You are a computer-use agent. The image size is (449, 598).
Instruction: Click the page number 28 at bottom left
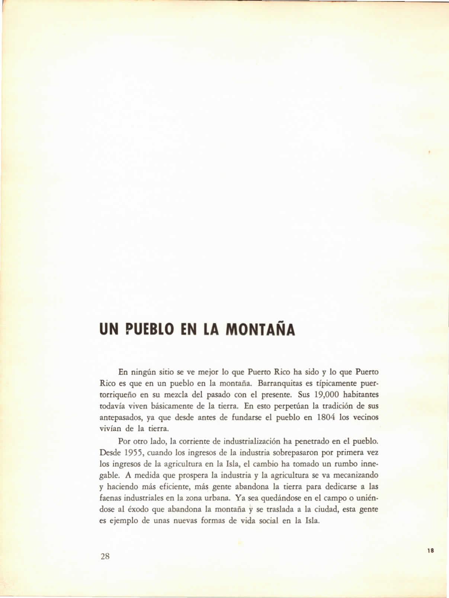pyautogui.click(x=105, y=556)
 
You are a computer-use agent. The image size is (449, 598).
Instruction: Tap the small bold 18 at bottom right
pyautogui.click(x=431, y=551)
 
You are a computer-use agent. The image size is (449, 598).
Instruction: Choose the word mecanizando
pyautogui.click(x=356, y=475)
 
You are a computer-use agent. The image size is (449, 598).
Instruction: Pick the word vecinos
pyautogui.click(x=365, y=417)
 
